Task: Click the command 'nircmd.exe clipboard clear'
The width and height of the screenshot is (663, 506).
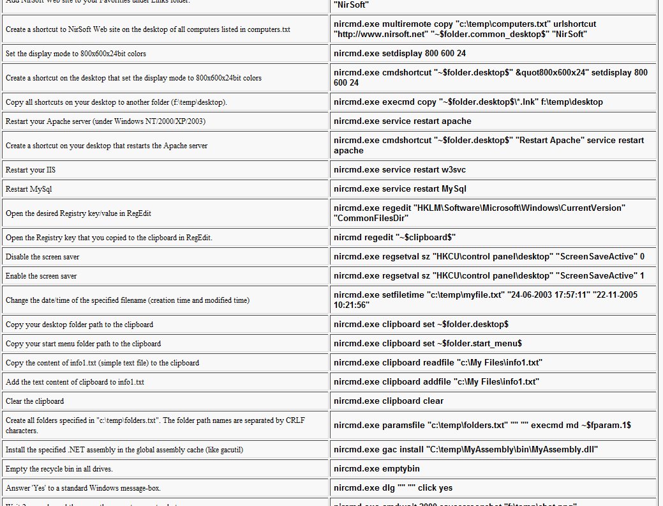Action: [389, 401]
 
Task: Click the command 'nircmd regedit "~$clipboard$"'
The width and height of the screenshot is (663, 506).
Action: [394, 238]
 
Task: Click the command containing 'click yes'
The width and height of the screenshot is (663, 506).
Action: [393, 487]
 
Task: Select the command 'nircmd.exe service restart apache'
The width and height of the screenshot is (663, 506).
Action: [403, 121]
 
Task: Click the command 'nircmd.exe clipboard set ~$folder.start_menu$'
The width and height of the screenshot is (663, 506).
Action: [428, 344]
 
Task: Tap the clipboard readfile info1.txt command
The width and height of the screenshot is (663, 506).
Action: [438, 363]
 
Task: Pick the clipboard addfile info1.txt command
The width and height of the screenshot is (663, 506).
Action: [436, 382]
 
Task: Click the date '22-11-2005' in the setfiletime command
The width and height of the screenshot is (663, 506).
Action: [613, 295]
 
